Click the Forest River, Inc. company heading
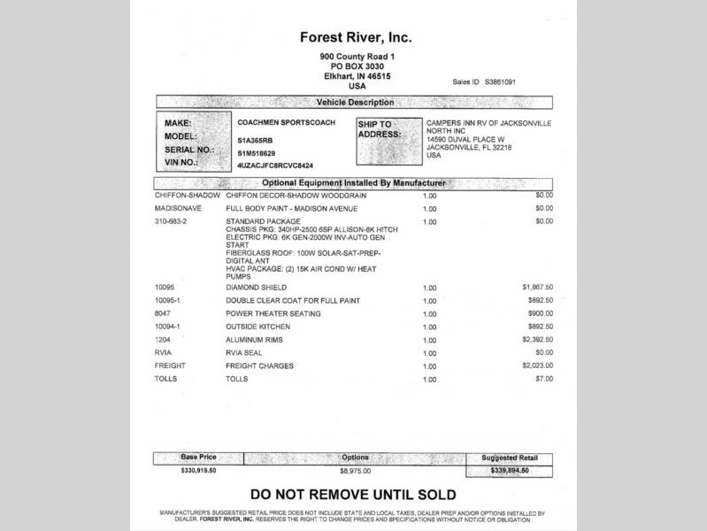click(x=356, y=38)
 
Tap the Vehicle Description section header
click(x=355, y=103)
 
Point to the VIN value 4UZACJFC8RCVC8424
click(x=275, y=165)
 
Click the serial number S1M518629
click(x=257, y=153)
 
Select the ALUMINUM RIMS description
click(x=260, y=340)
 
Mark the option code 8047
click(x=164, y=314)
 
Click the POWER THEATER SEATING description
click(x=273, y=314)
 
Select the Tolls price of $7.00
click(x=543, y=379)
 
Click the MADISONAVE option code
click(x=179, y=208)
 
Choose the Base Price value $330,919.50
click(x=198, y=471)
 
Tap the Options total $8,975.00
click(x=355, y=471)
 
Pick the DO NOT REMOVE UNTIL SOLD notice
click(x=353, y=495)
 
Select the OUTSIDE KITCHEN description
click(x=258, y=327)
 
